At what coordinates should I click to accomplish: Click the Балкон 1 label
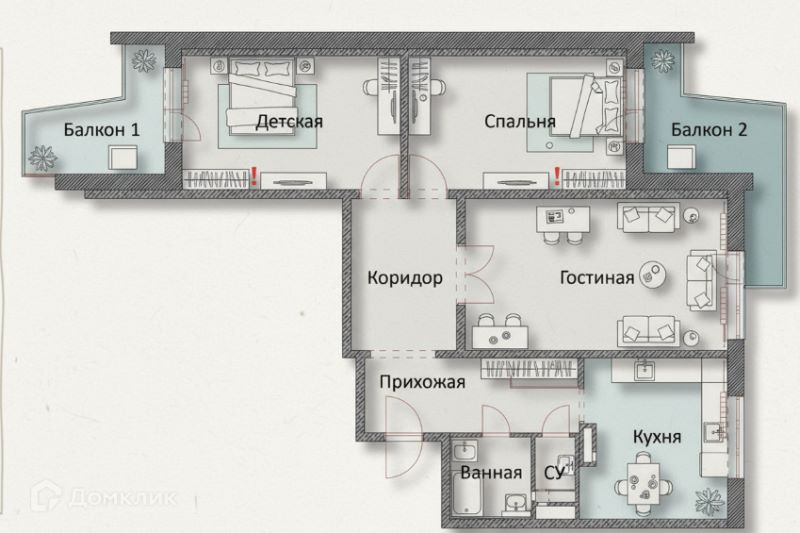tap(102, 129)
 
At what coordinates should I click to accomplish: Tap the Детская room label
tap(288, 122)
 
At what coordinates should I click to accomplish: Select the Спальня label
tap(519, 122)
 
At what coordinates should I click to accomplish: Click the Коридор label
tap(404, 278)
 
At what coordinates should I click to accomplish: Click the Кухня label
tap(657, 437)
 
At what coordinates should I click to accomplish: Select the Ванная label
tap(491, 472)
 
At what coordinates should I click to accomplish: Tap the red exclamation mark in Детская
tap(255, 178)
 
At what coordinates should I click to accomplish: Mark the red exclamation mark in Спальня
tap(554, 178)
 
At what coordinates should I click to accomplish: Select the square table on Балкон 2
tap(682, 159)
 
